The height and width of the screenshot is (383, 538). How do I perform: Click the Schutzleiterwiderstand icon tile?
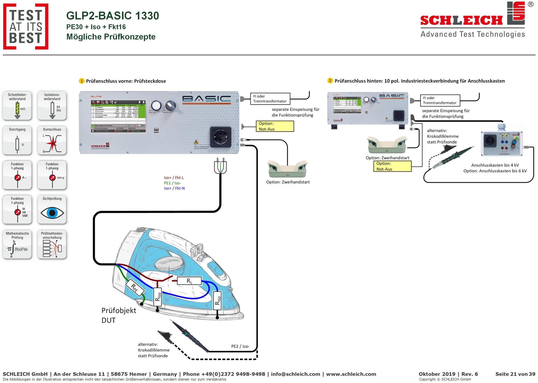[17, 106]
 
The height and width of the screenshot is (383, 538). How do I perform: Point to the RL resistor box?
[189, 281]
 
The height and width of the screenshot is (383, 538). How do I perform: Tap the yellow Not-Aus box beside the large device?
[275, 126]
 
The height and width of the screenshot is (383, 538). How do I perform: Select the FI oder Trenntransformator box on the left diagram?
[270, 99]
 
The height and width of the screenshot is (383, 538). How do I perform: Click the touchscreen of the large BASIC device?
[118, 116]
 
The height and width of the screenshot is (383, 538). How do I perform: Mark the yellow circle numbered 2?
[330, 81]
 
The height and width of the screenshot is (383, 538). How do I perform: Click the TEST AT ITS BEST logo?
[26, 26]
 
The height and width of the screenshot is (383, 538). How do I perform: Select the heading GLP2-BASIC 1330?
[113, 16]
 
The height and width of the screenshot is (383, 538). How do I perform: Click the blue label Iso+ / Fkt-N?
[174, 188]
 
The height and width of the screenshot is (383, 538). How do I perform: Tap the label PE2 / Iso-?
[240, 346]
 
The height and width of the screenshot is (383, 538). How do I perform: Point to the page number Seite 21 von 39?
[515, 374]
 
